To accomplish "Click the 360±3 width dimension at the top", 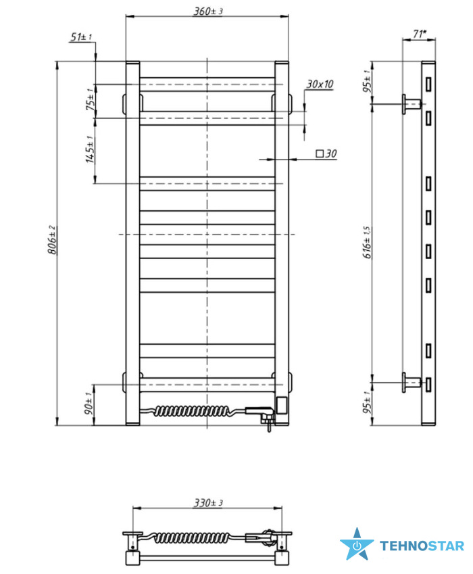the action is [208, 11].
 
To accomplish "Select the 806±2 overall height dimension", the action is [51, 240].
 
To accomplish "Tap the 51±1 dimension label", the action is [81, 37].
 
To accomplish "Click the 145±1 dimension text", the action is [90, 149].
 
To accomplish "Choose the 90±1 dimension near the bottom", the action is [89, 404].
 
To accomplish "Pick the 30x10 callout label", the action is [320, 85].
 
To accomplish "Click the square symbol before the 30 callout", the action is [320, 153].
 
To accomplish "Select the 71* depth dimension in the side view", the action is [420, 34].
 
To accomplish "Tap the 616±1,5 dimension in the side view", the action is [367, 242].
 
